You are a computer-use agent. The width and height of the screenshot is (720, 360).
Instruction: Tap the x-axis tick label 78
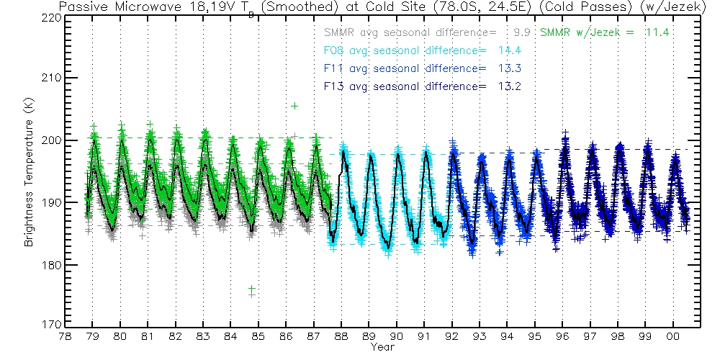pyautogui.click(x=65, y=336)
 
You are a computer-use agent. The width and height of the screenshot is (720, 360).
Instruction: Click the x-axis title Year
pyautogui.click(x=382, y=347)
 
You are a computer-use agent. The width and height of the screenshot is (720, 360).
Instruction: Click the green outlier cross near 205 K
pyautogui.click(x=294, y=106)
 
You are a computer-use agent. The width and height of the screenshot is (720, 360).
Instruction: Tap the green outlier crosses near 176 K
pyautogui.click(x=251, y=290)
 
